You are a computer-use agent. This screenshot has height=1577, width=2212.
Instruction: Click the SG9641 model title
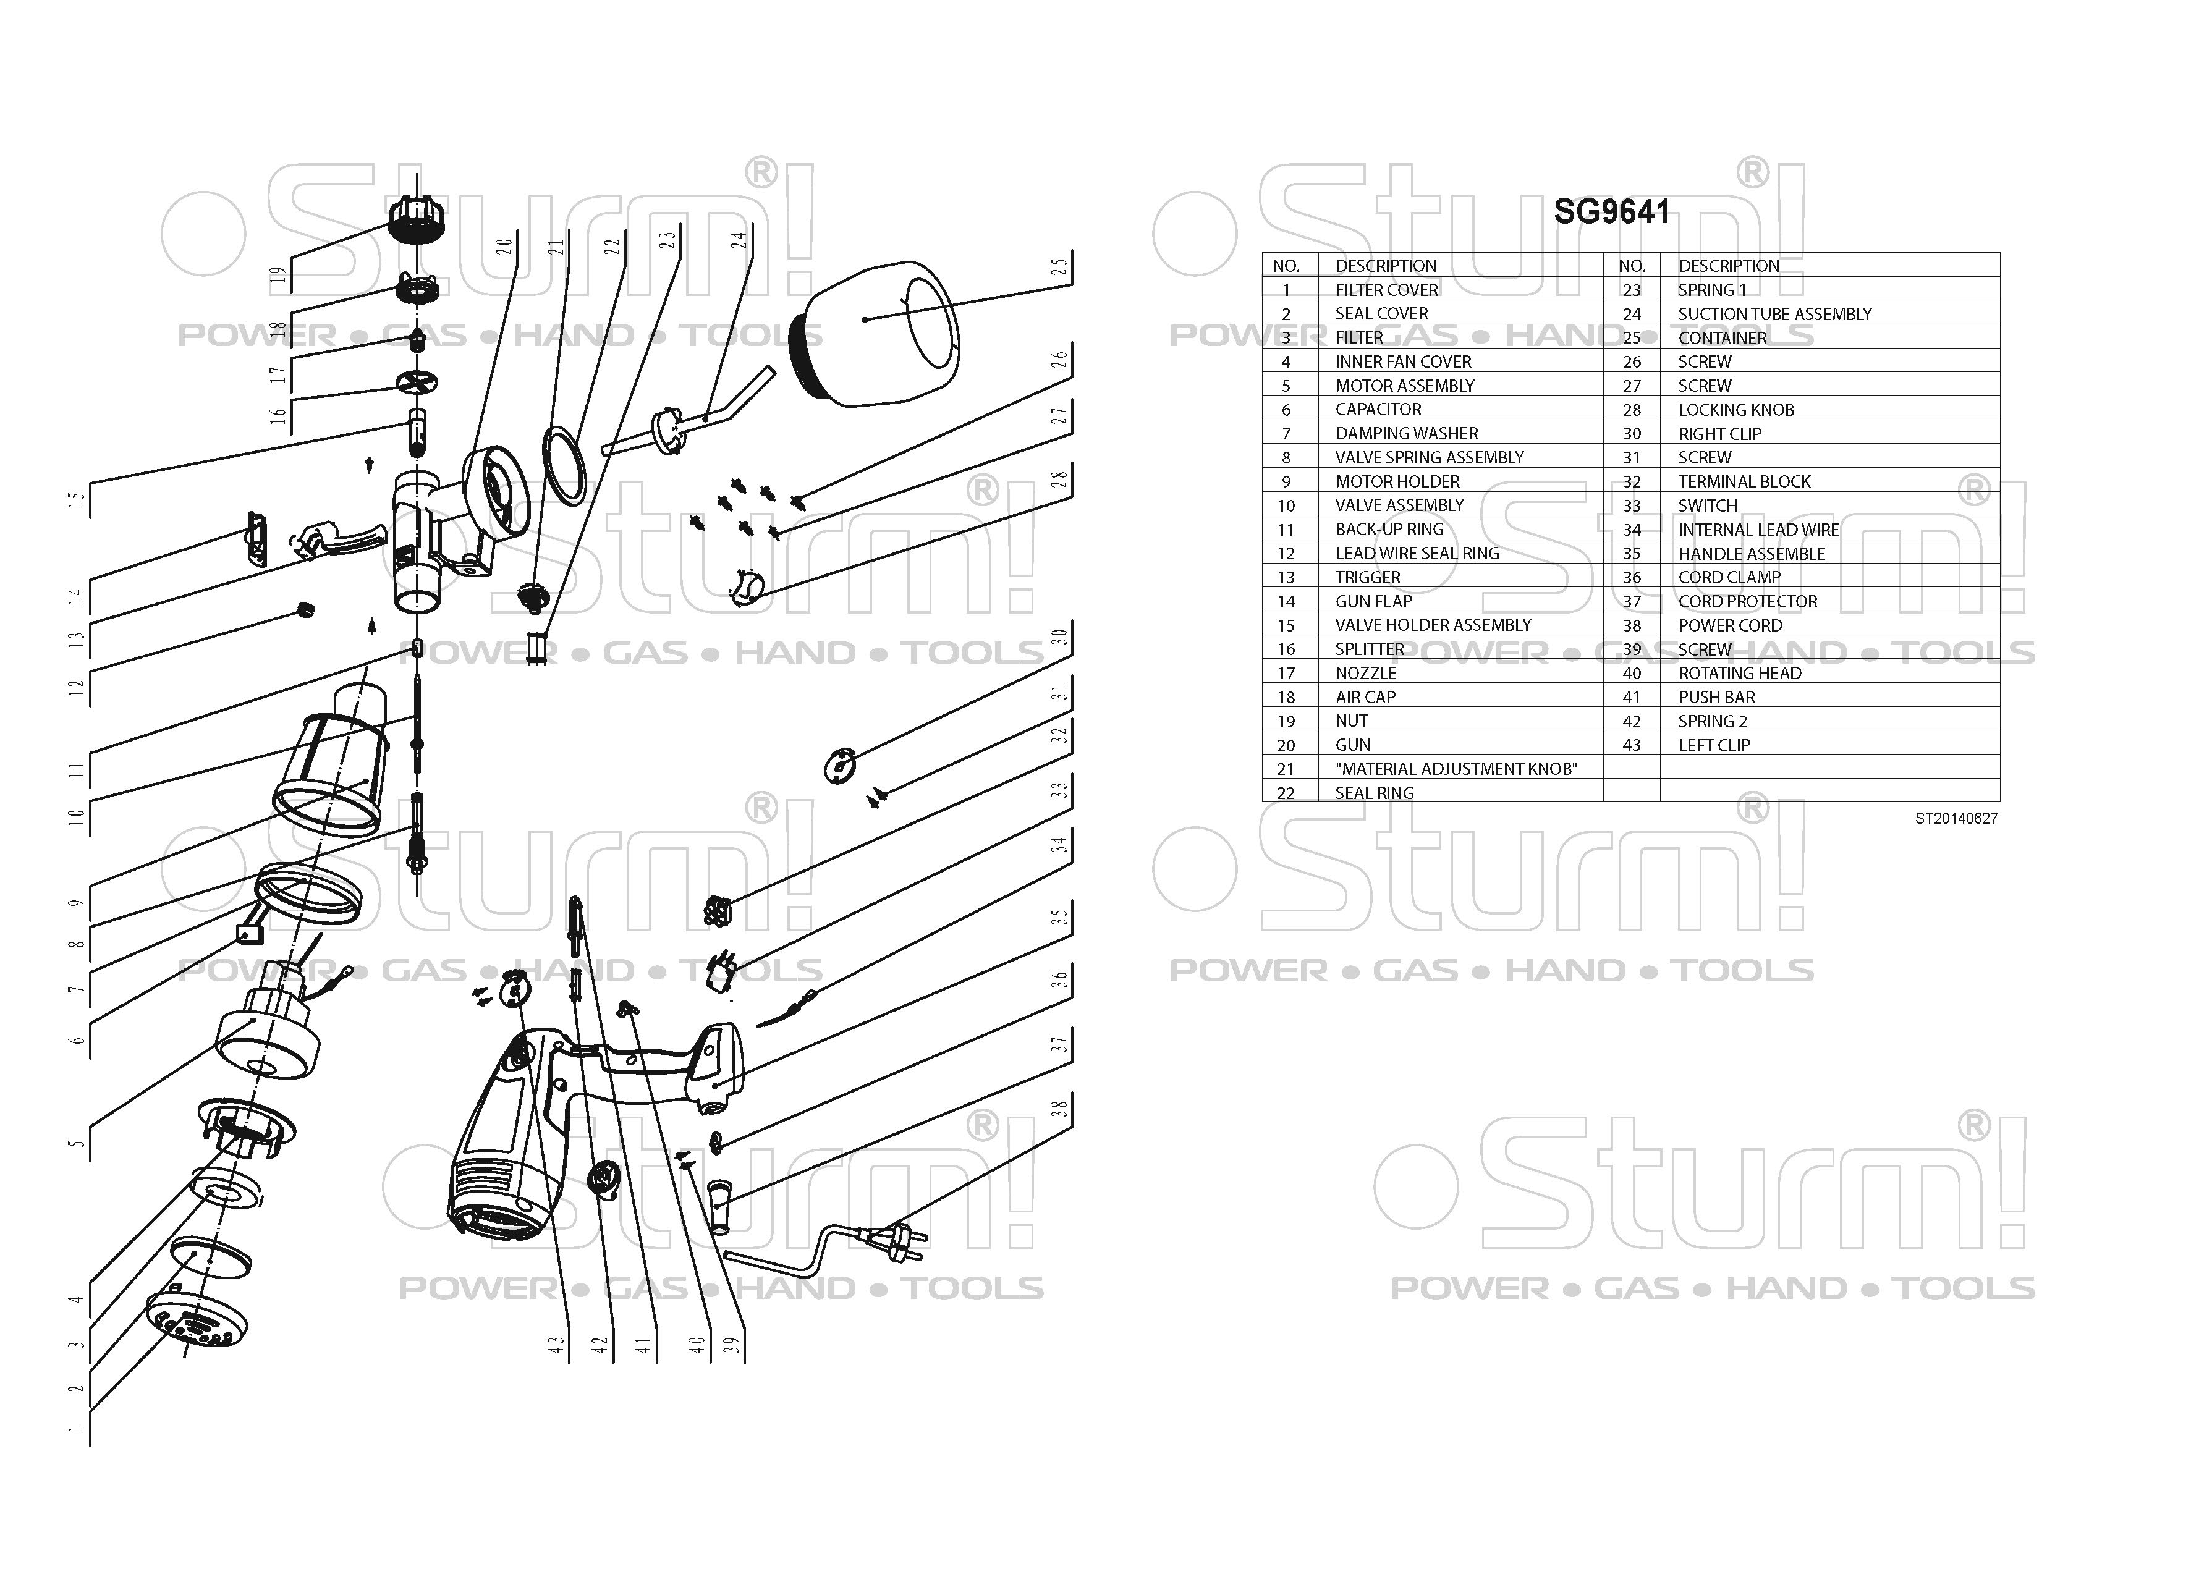tap(1612, 212)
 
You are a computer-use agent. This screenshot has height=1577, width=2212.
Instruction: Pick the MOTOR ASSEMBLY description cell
tap(1404, 386)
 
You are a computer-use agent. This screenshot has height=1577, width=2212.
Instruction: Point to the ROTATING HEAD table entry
tap(1739, 673)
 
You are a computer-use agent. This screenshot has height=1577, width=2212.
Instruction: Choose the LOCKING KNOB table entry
tap(1735, 410)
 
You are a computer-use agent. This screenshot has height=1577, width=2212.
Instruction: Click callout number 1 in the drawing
tap(77, 1429)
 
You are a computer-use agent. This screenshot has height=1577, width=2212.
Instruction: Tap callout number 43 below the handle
tap(556, 1345)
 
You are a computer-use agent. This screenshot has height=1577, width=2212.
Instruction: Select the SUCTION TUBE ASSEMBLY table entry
tap(1774, 314)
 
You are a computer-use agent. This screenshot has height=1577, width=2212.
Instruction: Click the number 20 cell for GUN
tap(1286, 745)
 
